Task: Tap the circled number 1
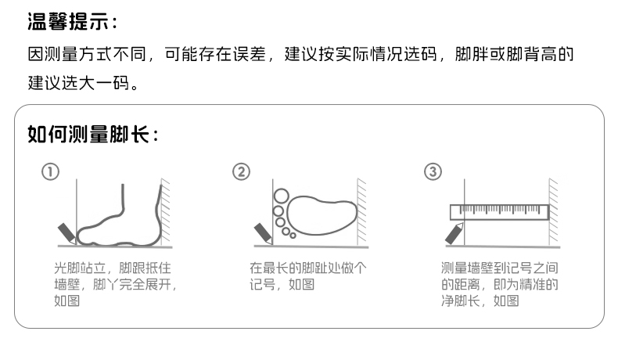pyautogui.click(x=50, y=172)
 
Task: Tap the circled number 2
pyautogui.click(x=241, y=172)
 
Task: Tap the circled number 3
pyautogui.click(x=433, y=172)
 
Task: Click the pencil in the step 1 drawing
pyautogui.click(x=66, y=233)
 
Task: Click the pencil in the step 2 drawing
pyautogui.click(x=263, y=233)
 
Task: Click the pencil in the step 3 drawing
pyautogui.click(x=454, y=233)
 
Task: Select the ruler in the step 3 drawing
pyautogui.click(x=499, y=212)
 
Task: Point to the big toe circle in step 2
pyautogui.click(x=282, y=196)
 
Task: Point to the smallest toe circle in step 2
pyautogui.click(x=293, y=236)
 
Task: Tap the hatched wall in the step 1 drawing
pyautogui.click(x=166, y=211)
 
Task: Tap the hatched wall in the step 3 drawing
pyautogui.click(x=553, y=211)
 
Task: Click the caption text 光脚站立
pyautogui.click(x=80, y=268)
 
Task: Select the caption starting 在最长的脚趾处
pyautogui.click(x=307, y=276)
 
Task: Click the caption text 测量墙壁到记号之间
pyautogui.click(x=499, y=268)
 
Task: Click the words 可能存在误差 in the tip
pyautogui.click(x=215, y=55)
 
